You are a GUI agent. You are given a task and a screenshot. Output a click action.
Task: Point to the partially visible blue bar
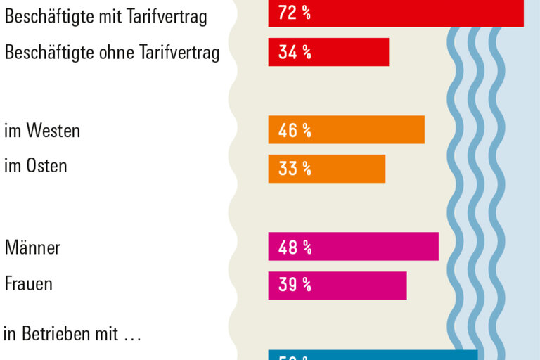pos(373,355)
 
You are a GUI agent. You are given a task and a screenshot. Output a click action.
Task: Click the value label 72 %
pos(295,13)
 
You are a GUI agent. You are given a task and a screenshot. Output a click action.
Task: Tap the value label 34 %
pos(295,53)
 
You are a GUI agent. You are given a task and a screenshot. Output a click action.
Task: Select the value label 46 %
pos(295,130)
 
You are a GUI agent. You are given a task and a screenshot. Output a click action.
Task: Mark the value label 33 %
pos(295,169)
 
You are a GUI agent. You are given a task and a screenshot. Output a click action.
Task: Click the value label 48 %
pos(295,247)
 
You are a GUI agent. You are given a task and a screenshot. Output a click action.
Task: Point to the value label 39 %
pos(295,285)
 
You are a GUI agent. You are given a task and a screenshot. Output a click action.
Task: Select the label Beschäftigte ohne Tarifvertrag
pos(112,53)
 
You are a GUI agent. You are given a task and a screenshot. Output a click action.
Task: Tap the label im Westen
pos(42,131)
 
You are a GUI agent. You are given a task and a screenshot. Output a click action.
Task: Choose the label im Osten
pos(36,167)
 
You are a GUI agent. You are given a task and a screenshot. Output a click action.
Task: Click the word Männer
pos(32,247)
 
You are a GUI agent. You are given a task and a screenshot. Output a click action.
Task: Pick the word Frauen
pos(28,284)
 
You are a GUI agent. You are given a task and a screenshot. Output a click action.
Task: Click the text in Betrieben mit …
pos(72,335)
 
